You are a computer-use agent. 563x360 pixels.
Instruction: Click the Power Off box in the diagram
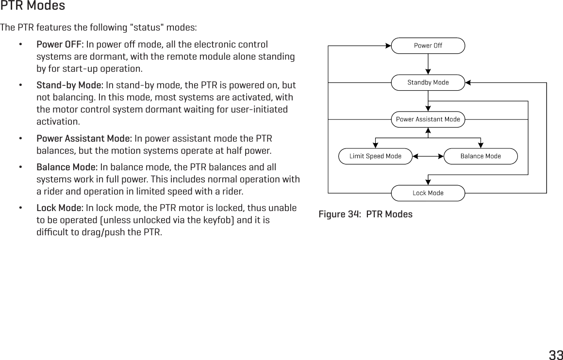[x=428, y=46]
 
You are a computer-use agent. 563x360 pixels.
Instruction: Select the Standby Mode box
[x=428, y=82]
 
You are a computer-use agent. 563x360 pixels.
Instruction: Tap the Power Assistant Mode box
[x=428, y=119]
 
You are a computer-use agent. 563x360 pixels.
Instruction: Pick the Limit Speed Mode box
[x=375, y=156]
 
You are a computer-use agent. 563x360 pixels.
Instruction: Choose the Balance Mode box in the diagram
[x=480, y=156]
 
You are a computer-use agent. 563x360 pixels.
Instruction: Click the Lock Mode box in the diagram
[x=428, y=193]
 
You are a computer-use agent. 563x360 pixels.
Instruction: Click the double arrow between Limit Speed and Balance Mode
[x=428, y=157]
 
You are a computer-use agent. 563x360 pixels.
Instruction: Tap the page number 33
[x=555, y=354]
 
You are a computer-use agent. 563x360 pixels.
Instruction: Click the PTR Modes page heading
[x=33, y=6]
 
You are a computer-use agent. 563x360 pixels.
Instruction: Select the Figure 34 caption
[x=365, y=214]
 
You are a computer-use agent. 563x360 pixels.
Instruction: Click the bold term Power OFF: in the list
[x=60, y=45]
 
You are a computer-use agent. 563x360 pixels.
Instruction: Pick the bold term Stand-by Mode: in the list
[x=70, y=86]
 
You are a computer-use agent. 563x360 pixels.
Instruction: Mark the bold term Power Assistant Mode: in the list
[x=84, y=138]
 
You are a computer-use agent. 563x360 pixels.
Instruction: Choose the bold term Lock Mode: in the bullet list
[x=60, y=209]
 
